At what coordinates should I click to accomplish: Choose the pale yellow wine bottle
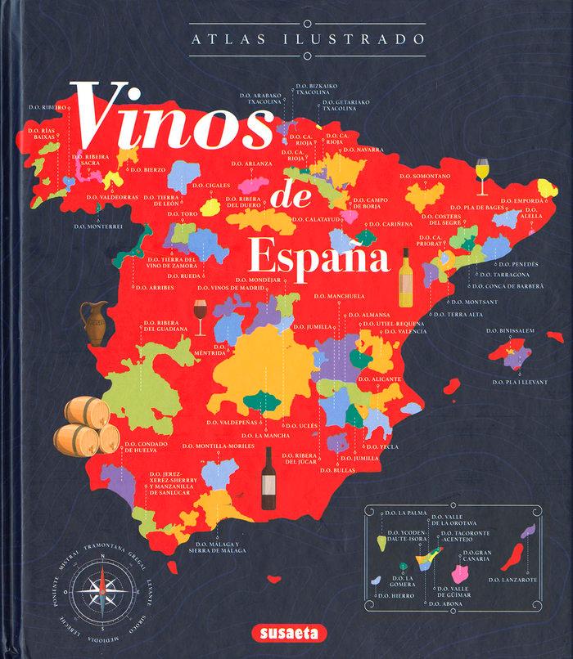click(406, 278)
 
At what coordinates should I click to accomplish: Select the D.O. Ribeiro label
click(44, 107)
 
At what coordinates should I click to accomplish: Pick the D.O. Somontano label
click(425, 176)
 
